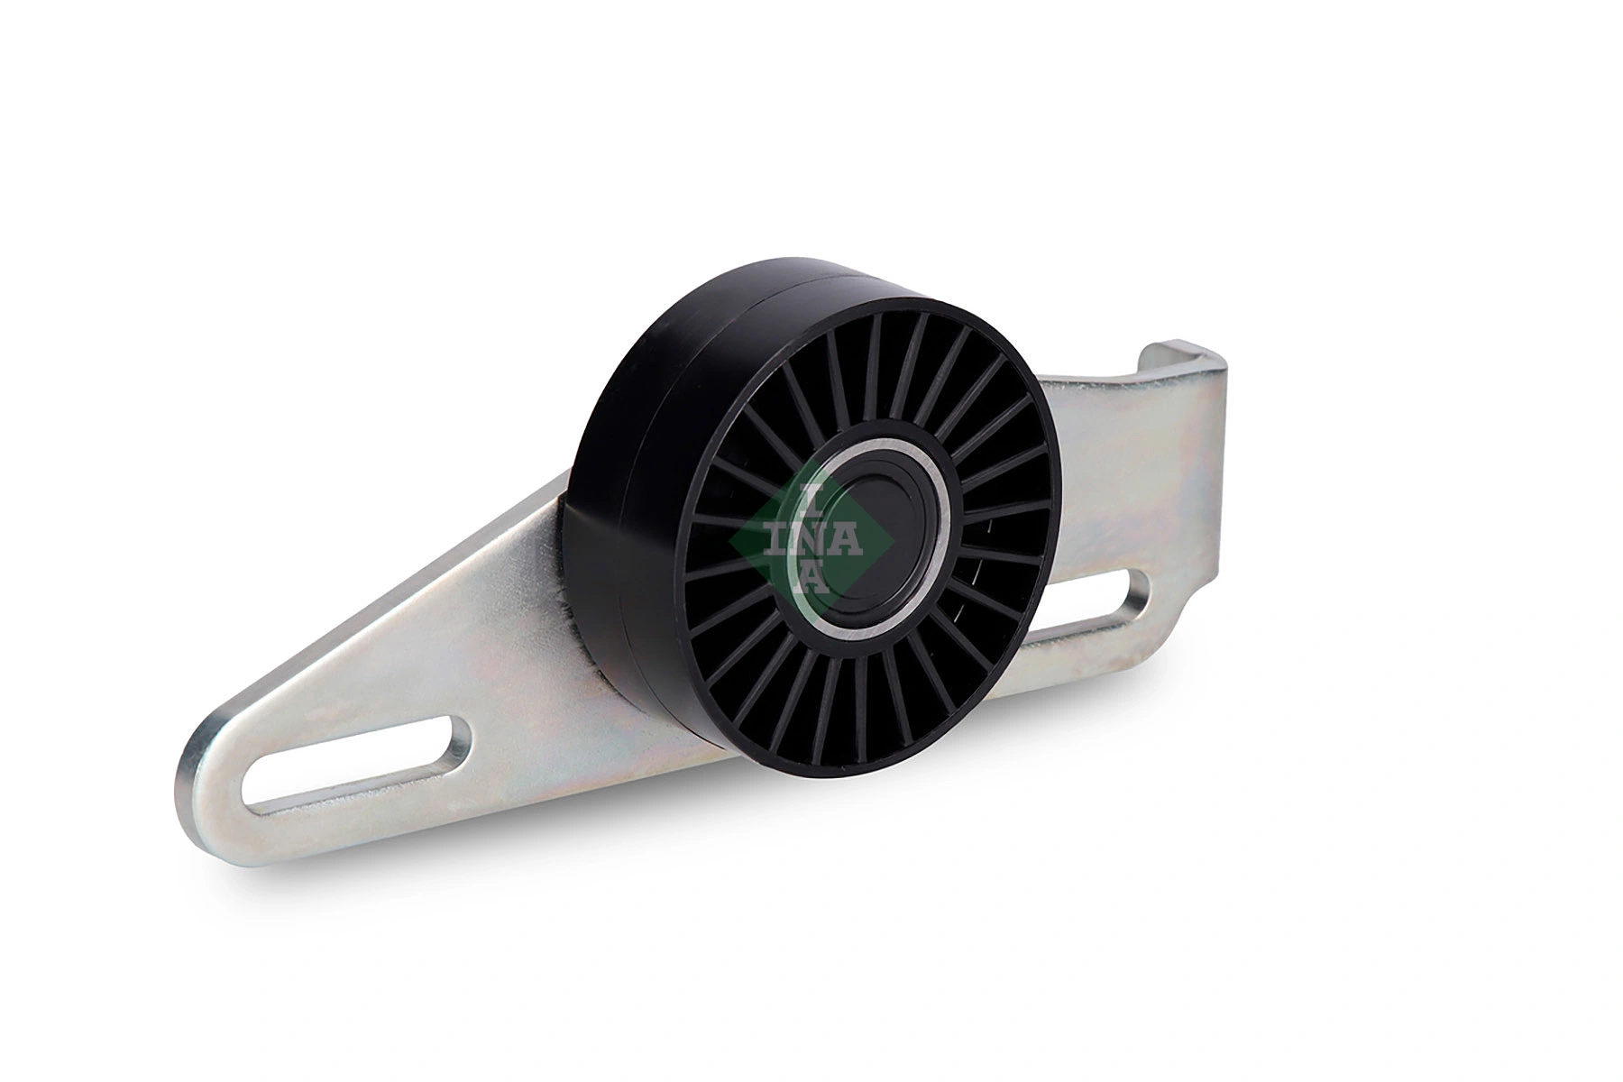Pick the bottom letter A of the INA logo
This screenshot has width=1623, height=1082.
coord(811,575)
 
